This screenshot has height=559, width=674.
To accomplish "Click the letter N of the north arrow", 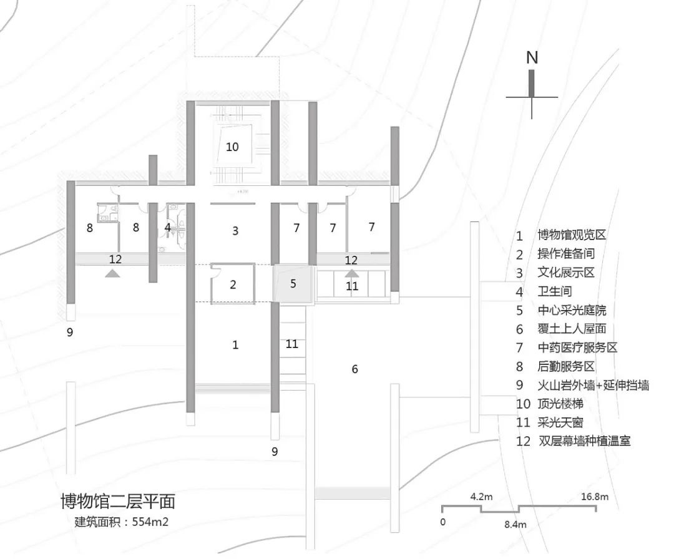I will coord(532,57).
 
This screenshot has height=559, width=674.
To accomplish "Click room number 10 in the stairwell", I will coord(232,147).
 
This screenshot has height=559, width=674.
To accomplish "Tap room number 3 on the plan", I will coord(235,231).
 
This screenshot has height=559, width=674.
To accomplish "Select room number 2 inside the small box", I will coord(233,285).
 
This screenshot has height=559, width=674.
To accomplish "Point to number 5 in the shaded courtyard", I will coord(293,283).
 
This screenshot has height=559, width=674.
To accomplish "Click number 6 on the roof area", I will coord(354,369).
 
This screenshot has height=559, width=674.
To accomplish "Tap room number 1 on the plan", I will coord(235,344).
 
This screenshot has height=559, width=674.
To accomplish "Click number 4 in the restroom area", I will coord(167,228).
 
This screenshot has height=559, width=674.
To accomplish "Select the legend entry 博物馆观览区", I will coord(572,235).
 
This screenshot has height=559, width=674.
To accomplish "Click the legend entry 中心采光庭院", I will coord(572,310).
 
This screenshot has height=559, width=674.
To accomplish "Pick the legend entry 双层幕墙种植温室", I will coord(584,441).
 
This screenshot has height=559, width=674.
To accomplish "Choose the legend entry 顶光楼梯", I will coord(560,404).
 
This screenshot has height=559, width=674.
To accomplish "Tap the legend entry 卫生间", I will coord(555,291).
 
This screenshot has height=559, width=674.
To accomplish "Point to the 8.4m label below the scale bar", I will coord(515,525).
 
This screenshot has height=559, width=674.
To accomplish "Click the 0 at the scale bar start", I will coord(442,521).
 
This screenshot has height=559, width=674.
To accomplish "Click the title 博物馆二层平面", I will coord(118,501).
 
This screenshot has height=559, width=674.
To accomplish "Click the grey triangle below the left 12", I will coord(112,273).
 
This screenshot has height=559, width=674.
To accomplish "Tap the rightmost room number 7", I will coord(371,227).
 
